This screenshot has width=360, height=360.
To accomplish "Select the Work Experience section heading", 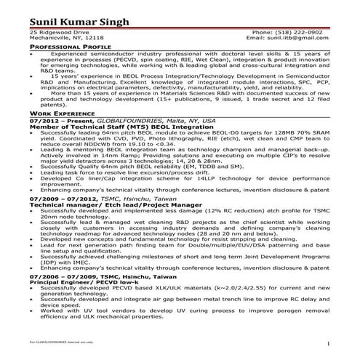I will tap(61, 114).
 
